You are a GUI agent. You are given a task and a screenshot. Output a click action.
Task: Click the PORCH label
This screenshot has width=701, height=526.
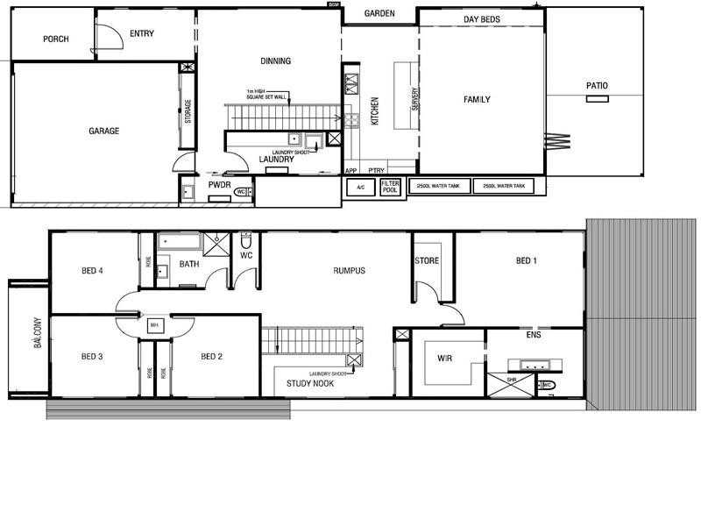click(x=55, y=39)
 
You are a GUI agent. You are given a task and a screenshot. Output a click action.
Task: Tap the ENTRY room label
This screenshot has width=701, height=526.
click(x=142, y=33)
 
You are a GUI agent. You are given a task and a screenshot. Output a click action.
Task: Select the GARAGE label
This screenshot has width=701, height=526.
click(x=103, y=131)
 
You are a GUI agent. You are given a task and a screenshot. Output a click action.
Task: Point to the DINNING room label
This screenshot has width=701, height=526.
click(x=275, y=61)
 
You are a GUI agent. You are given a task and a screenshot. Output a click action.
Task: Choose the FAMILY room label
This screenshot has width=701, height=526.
click(x=477, y=100)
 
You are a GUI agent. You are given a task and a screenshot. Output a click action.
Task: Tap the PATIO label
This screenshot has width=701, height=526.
click(x=598, y=86)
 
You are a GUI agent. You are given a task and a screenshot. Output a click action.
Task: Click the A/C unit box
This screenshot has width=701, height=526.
click(x=360, y=188)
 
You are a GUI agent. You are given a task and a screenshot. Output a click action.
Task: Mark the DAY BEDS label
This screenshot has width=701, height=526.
click(x=481, y=19)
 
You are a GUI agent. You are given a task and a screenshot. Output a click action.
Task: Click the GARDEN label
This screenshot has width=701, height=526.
click(x=379, y=14)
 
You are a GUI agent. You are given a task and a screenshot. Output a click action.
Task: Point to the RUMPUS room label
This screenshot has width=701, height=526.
click(x=349, y=271)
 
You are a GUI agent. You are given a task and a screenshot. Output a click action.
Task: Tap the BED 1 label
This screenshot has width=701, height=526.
click(x=527, y=261)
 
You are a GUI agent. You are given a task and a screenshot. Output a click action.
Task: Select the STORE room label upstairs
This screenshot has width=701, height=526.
click(x=427, y=261)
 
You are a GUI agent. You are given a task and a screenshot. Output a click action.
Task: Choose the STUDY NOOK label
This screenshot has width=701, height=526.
click(x=309, y=384)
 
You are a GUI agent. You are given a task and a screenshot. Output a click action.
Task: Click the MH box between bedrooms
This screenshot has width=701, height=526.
click(x=154, y=325)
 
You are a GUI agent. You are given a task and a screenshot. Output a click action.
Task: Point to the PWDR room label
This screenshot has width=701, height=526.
click(x=218, y=185)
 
